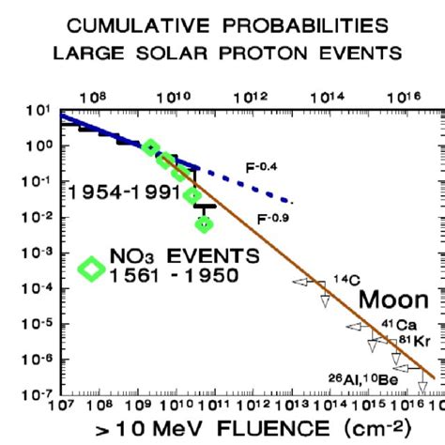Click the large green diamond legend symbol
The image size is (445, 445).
point(92,268)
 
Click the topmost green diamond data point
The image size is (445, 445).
point(150,147)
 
